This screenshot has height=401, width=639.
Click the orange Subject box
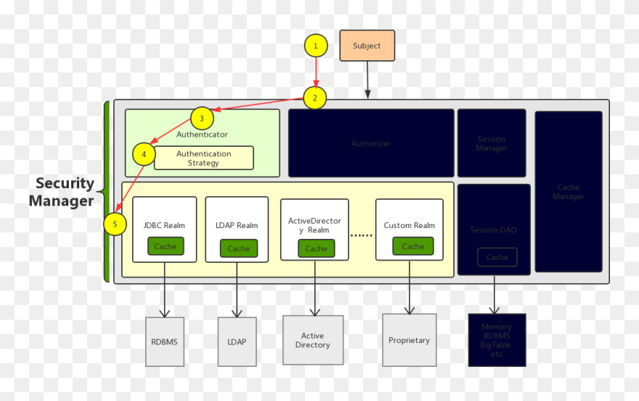[x=367, y=46]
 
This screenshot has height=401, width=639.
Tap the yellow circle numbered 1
[x=315, y=46]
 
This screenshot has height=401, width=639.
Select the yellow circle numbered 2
[x=314, y=98]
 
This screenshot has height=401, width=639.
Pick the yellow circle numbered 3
[x=202, y=118]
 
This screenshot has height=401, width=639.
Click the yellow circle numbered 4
[x=144, y=154]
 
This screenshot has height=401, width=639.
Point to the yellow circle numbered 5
[x=115, y=224]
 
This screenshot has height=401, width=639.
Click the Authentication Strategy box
[x=204, y=158]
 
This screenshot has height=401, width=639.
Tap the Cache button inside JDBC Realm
[x=165, y=246]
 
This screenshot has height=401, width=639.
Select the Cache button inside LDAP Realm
[x=238, y=248]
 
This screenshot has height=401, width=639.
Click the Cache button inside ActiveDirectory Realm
[x=316, y=248]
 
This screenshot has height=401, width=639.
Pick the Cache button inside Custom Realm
[x=412, y=246]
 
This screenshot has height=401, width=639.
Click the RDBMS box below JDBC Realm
[x=165, y=341]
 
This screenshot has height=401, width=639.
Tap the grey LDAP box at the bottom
[x=237, y=341]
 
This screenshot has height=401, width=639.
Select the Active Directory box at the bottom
[x=313, y=340]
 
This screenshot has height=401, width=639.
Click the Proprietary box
[x=409, y=340]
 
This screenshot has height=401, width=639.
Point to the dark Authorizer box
[x=371, y=143]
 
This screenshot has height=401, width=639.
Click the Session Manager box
[x=492, y=143]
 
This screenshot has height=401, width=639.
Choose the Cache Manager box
[x=568, y=192]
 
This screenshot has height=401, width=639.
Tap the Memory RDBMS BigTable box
[x=497, y=340]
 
